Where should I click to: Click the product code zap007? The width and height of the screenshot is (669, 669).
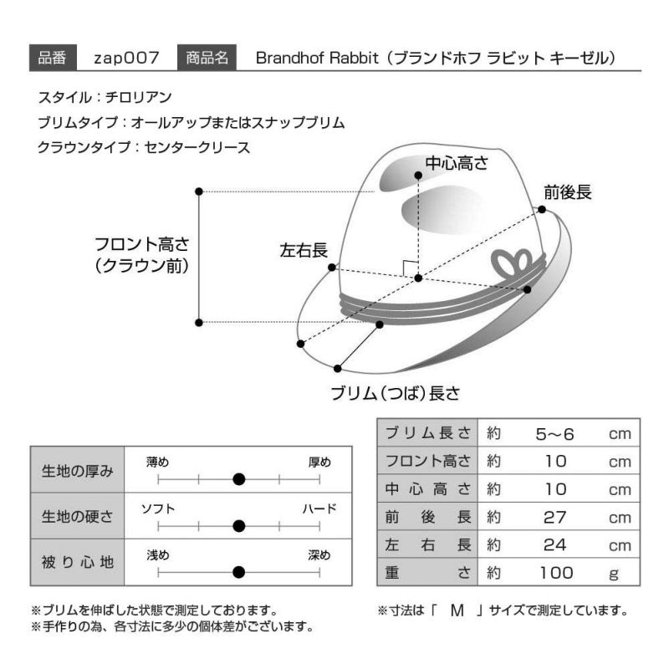pos(126,58)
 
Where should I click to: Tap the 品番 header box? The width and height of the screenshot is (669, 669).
pos(53,57)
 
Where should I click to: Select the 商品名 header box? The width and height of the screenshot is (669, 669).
pos(207,57)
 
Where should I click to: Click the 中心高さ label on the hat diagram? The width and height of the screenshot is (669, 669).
pos(457,163)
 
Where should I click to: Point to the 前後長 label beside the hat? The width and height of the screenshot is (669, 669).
pos(568,192)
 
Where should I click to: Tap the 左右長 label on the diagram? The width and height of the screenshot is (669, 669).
pos(304,250)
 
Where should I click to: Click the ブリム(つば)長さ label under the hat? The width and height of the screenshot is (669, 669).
pos(396,393)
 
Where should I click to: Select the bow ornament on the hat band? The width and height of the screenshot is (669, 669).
pos(512,263)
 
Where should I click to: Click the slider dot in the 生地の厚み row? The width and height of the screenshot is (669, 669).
pos(239,479)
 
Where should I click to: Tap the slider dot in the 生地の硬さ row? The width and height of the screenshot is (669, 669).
pos(239,526)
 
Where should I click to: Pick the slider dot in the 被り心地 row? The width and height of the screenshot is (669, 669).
pos(239,572)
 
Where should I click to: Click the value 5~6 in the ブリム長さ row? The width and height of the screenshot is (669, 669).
pos(554,434)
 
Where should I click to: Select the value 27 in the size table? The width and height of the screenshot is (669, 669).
pos(555,518)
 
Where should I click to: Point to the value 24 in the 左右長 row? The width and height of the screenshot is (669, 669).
pos(555,545)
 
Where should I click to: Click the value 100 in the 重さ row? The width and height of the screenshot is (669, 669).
pos(556,573)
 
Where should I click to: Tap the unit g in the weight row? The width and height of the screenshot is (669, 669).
pos(614,575)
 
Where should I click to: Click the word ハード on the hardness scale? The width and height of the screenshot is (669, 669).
pos(319,508)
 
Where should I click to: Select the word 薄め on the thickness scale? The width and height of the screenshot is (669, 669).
pos(157,462)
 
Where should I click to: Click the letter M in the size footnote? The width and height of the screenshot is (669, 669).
pos(457,611)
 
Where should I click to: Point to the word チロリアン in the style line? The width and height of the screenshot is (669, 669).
pos(138,97)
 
